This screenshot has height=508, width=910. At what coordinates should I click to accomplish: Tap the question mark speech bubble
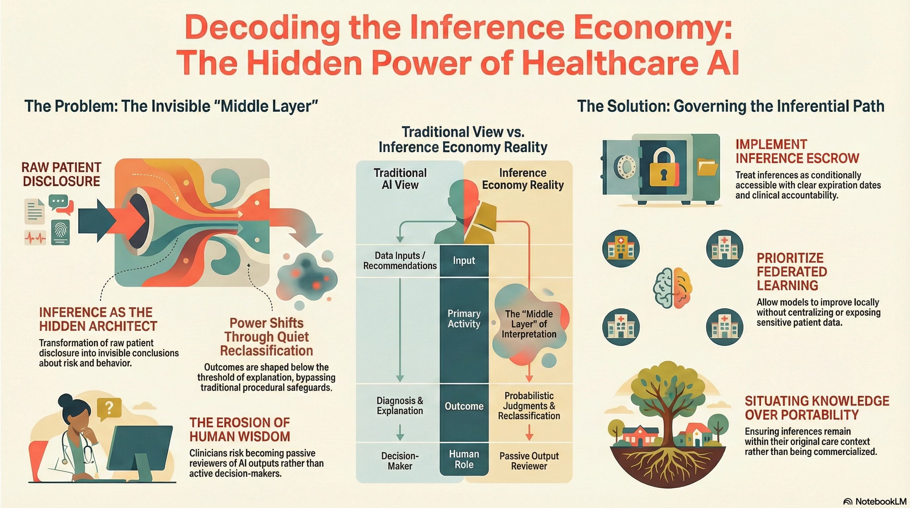pos(109,408)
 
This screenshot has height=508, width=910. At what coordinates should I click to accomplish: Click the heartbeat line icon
pos(35,238)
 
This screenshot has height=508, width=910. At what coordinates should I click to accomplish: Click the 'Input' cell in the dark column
pos(464,261)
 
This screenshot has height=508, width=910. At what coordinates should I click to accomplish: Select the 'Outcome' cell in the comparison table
pos(464,406)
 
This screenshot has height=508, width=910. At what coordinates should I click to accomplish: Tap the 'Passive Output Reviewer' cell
pos(529,461)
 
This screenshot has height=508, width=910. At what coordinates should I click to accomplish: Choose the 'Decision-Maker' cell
pos(399,461)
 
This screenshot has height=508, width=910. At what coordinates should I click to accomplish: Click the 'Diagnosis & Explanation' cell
pos(399,405)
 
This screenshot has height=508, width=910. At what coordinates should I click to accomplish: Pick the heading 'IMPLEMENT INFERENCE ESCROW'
pos(797,151)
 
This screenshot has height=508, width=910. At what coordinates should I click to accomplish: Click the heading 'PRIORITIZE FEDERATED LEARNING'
pos(791,272)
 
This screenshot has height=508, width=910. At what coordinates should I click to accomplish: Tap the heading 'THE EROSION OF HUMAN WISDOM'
pos(239,430)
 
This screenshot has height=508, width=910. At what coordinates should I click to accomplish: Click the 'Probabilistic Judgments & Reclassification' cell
pos(529,406)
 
